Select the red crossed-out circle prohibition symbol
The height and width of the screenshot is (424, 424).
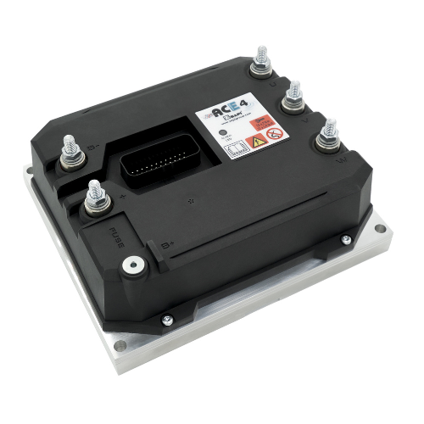pos(273,135)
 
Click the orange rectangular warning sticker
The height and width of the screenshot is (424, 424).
pos(266,122)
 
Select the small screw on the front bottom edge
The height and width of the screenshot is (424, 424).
pos(168,319)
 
